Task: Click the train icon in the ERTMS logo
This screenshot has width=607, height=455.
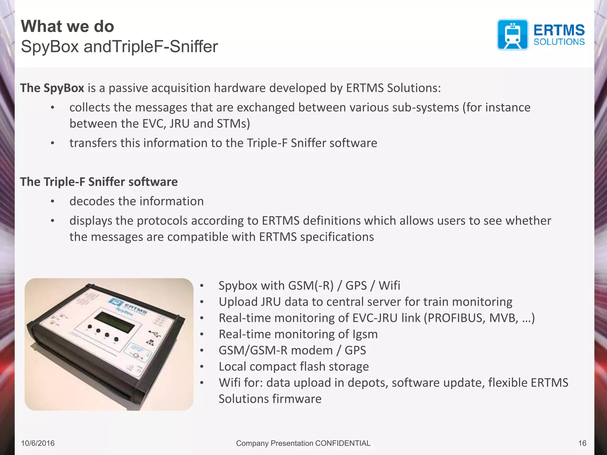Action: (x=512, y=35)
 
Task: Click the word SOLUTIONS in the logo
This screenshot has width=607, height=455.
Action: (x=559, y=42)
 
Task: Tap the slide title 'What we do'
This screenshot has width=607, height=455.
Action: (x=68, y=26)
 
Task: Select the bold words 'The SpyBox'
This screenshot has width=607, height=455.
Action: (x=52, y=88)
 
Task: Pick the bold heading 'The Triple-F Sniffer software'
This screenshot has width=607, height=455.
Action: (x=99, y=182)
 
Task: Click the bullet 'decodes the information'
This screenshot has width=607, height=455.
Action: (x=136, y=201)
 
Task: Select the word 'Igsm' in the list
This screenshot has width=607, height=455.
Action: (x=365, y=334)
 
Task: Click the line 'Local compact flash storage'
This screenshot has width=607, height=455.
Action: (x=293, y=366)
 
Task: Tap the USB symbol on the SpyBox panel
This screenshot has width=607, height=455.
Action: (x=154, y=334)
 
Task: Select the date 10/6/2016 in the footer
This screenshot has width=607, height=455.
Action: (x=38, y=443)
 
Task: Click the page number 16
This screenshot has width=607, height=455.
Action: (x=582, y=443)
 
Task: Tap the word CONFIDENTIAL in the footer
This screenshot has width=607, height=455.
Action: (x=343, y=443)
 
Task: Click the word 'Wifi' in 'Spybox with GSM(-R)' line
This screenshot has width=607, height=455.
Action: (x=389, y=286)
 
